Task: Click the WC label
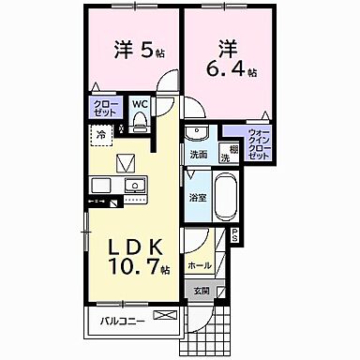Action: coord(139,105)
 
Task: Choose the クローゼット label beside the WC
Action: coord(102,109)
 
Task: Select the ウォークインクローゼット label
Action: coord(260,142)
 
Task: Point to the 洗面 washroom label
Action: coord(198,155)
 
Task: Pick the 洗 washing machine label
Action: coord(225,158)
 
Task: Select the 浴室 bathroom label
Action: coord(197,199)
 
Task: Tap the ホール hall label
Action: coord(200,265)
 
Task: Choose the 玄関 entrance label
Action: coord(202,291)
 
